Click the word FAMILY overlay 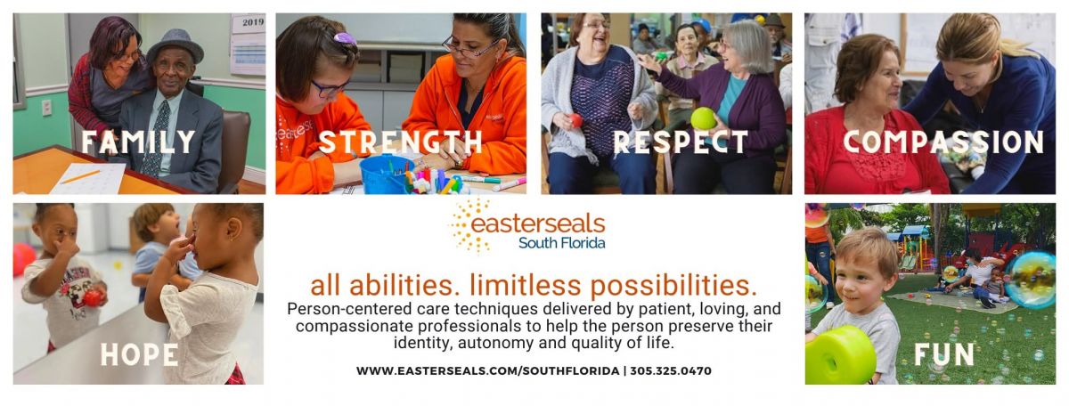coord(138,142)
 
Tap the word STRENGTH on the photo coord(401,142)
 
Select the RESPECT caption coord(681,142)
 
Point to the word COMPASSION coord(943,142)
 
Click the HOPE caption coord(139,355)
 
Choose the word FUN coord(944,355)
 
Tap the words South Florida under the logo coord(562,243)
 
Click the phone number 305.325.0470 coord(671,370)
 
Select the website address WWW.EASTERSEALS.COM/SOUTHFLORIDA coord(488,370)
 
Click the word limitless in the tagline coord(526,285)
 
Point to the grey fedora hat coord(175,46)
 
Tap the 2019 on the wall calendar coord(253,22)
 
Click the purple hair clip coord(345,38)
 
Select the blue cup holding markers coord(383,174)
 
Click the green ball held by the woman coord(704,118)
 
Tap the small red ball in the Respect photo coord(576,120)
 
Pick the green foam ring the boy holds coord(840,355)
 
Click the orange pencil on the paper coord(80,177)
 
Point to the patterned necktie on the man coord(156,138)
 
